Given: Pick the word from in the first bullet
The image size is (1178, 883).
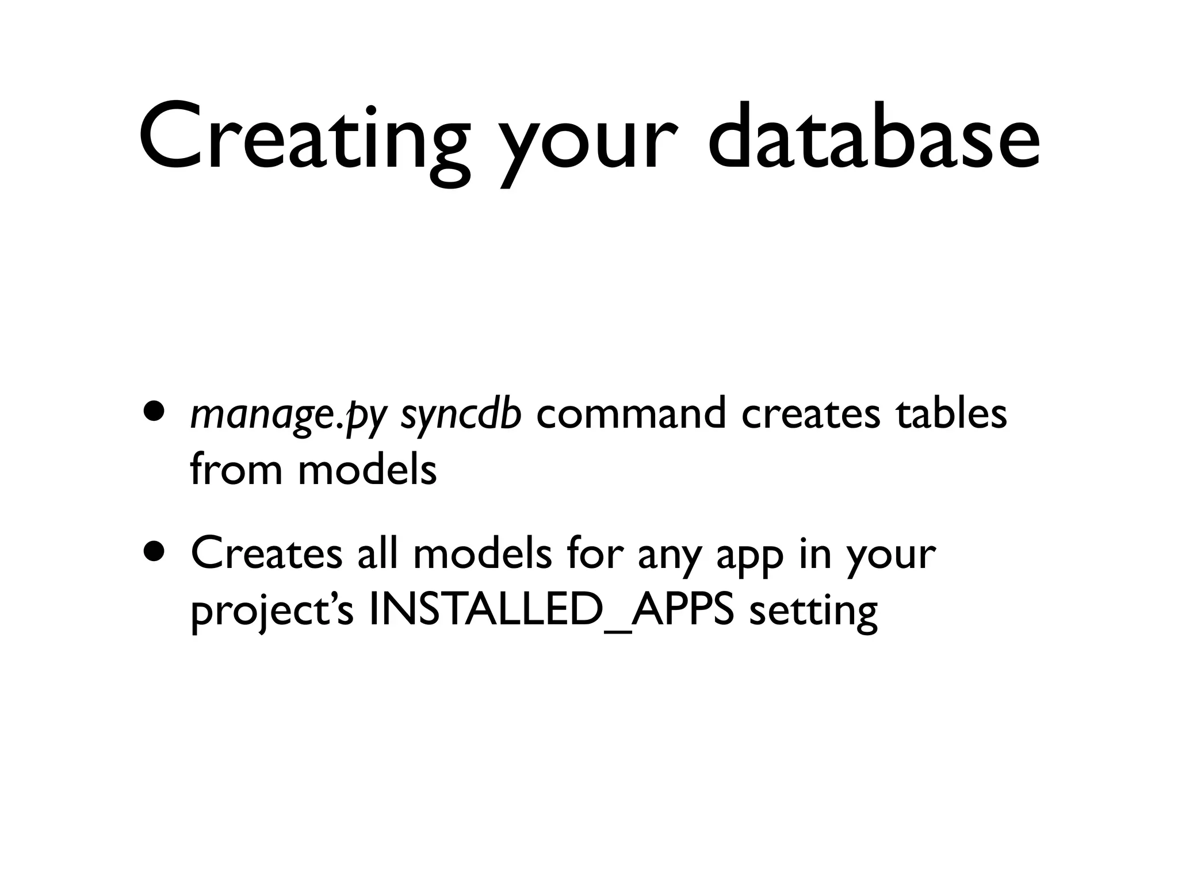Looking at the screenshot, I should (x=236, y=469).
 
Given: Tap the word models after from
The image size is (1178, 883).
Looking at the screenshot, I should (x=367, y=469).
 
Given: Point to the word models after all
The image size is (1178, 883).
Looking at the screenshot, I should (x=482, y=553).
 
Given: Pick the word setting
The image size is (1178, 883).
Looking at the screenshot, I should (x=813, y=612).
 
